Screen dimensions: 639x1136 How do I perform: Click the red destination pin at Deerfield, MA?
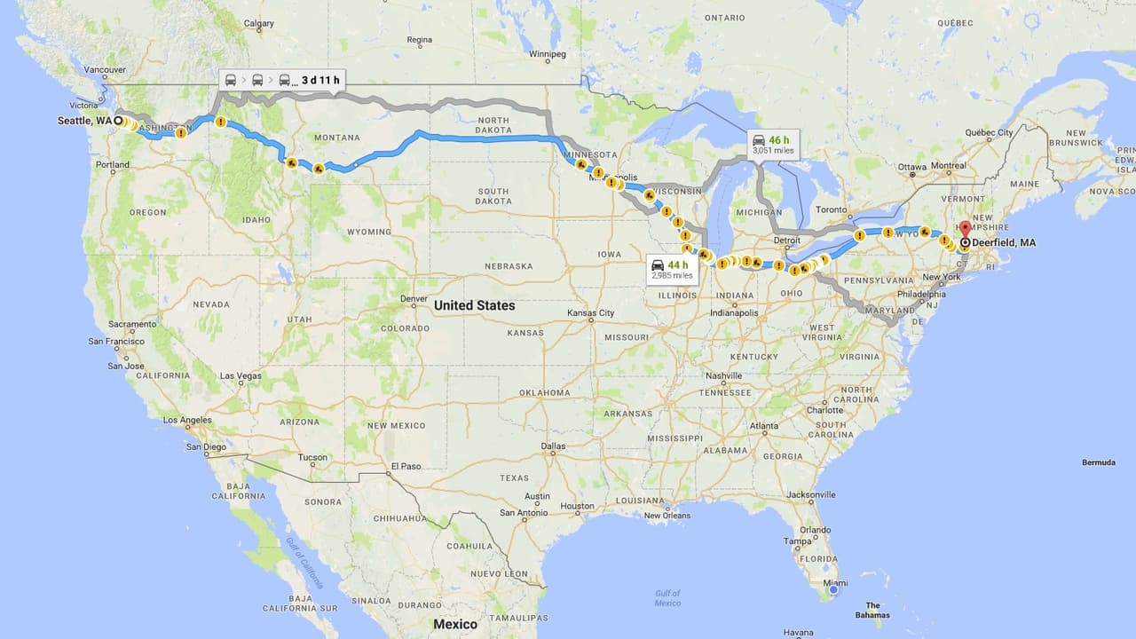(x=965, y=228)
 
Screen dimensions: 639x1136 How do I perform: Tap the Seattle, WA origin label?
(x=85, y=121)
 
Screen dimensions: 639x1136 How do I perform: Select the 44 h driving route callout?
(x=671, y=270)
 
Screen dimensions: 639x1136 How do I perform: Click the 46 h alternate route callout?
(x=771, y=144)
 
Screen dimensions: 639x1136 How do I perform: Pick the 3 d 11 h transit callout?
(x=280, y=80)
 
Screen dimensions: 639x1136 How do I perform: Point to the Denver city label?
(x=414, y=299)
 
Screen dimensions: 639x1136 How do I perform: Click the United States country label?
(x=474, y=305)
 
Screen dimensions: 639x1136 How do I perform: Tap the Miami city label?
(x=835, y=583)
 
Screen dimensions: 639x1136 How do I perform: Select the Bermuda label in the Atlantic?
(x=1099, y=462)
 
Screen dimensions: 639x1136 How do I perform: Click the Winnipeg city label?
(x=547, y=54)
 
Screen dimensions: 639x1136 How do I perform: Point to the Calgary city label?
(x=258, y=24)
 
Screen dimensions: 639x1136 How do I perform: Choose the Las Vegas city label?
(x=241, y=376)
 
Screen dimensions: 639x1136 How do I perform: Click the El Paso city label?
(x=406, y=466)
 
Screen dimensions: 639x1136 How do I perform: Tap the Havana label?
(x=799, y=633)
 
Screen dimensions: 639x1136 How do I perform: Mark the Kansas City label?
(x=590, y=313)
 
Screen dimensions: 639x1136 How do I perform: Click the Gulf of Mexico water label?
(x=667, y=598)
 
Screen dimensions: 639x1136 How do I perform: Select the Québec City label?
(x=989, y=133)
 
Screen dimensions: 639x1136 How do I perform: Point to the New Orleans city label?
(x=667, y=516)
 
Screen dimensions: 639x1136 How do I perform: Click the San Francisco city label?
(x=115, y=342)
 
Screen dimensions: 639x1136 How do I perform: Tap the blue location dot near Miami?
(x=833, y=589)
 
